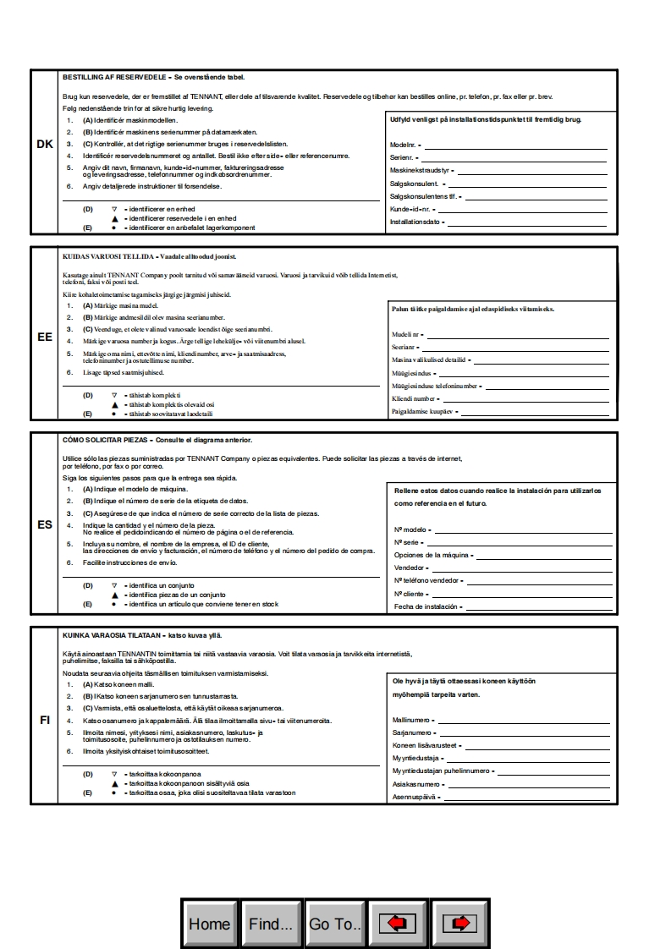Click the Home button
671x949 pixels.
pos(210,924)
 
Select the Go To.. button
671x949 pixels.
pos(335,924)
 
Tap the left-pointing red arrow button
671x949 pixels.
pos(398,924)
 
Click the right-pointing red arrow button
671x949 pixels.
pos(461,924)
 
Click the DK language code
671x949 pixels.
pos(45,145)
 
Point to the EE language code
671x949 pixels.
pos(45,337)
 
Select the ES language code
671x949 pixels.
pos(45,524)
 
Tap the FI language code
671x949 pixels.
pos(45,720)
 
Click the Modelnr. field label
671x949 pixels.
pos(403,145)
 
